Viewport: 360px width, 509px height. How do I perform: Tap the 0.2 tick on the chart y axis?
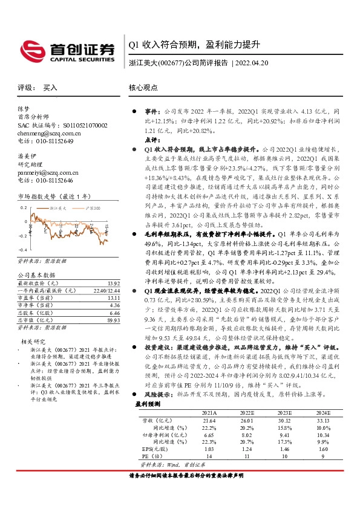pyautogui.click(x=24, y=207)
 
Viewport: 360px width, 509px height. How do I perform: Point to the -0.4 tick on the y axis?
pyautogui.click(x=23, y=250)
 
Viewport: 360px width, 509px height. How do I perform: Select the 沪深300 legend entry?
pyautogui.click(x=90, y=207)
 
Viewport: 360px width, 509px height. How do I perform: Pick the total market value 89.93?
pyautogui.click(x=113, y=321)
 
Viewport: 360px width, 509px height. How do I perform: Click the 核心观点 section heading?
pyautogui.click(x=143, y=88)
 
